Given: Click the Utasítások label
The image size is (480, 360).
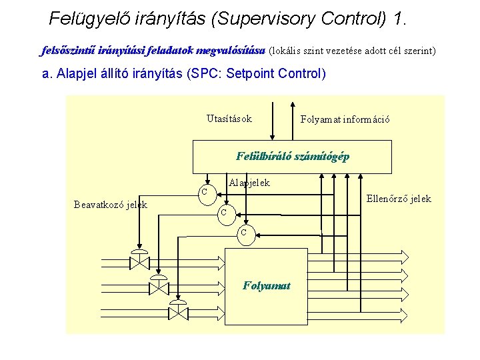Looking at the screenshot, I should pos(229,119).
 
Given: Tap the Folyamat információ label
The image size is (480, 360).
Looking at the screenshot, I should pos(345,120).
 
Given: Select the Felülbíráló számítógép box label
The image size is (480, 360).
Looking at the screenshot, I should pos(292,157).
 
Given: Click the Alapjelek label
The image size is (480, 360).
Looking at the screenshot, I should pos(249,182).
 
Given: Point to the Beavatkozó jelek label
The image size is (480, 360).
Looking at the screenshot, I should pos(110,205).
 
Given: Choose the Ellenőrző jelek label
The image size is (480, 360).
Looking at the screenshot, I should pos(399,199).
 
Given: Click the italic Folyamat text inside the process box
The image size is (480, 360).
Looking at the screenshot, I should pos(267,285).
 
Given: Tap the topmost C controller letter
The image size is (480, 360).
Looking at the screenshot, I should pos(204,192).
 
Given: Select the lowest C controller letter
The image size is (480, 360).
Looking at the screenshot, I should pos(243,232).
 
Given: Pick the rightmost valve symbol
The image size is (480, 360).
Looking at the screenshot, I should pos(178,310).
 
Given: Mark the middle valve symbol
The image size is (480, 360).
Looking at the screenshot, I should pos(159,285).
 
